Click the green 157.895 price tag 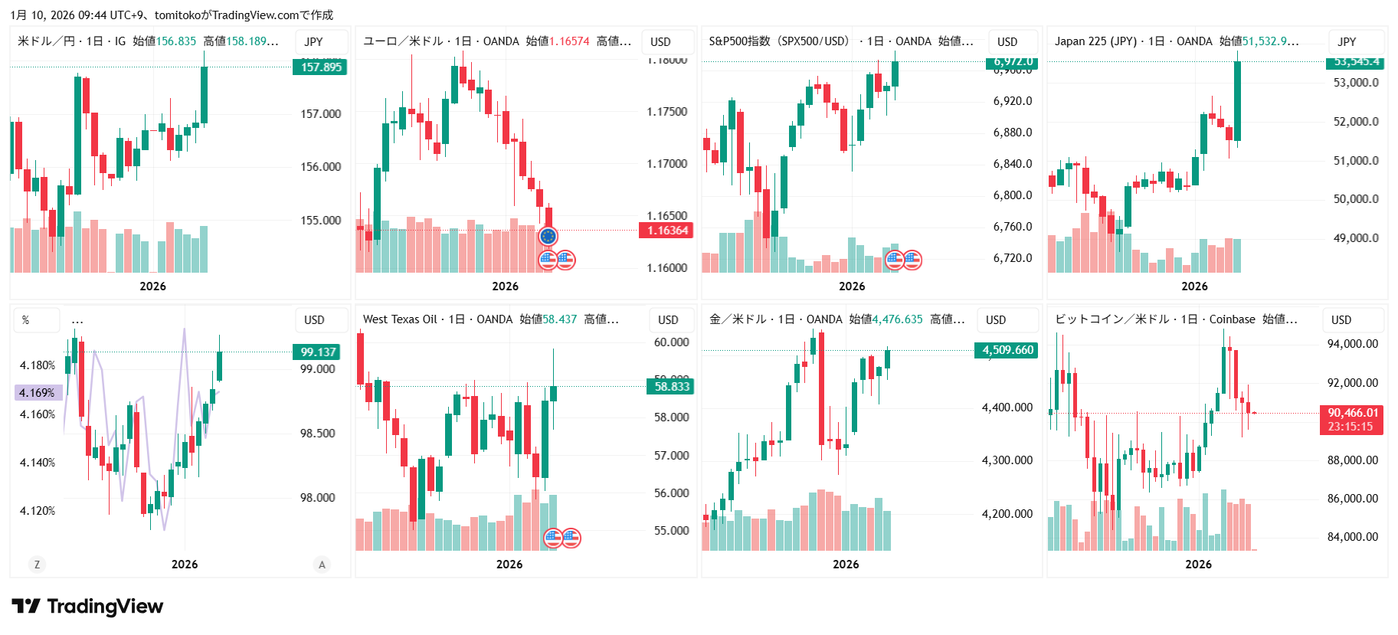[x=319, y=67]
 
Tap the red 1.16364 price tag [x=666, y=231]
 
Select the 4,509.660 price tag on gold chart [x=1007, y=350]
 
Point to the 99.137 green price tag [x=316, y=352]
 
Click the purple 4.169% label [x=38, y=393]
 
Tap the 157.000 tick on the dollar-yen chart [x=320, y=114]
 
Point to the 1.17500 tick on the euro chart [x=666, y=112]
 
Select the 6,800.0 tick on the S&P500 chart [x=1012, y=195]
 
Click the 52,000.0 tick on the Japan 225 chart [x=1355, y=122]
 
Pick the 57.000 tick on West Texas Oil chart [x=671, y=456]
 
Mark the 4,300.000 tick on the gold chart [x=1007, y=460]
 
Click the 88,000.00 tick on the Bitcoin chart [x=1352, y=460]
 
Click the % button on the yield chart [x=26, y=320]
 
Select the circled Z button [x=37, y=565]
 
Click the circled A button [x=322, y=565]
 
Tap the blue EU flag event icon [x=548, y=237]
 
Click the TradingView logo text [x=105, y=607]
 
